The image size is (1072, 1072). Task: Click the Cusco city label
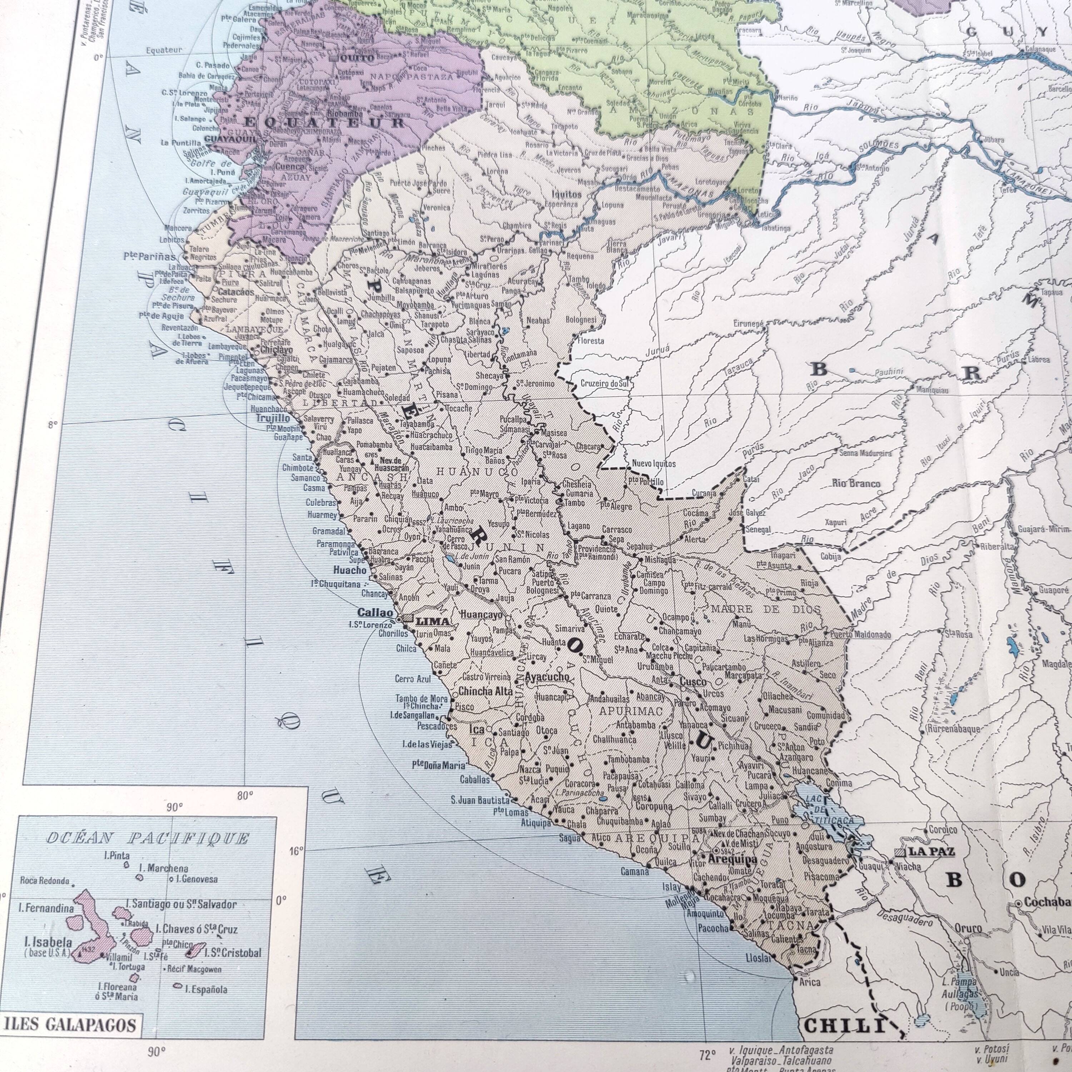[694, 682]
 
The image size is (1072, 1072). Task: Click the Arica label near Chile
[810, 982]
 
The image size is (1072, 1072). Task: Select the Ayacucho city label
[547, 676]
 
